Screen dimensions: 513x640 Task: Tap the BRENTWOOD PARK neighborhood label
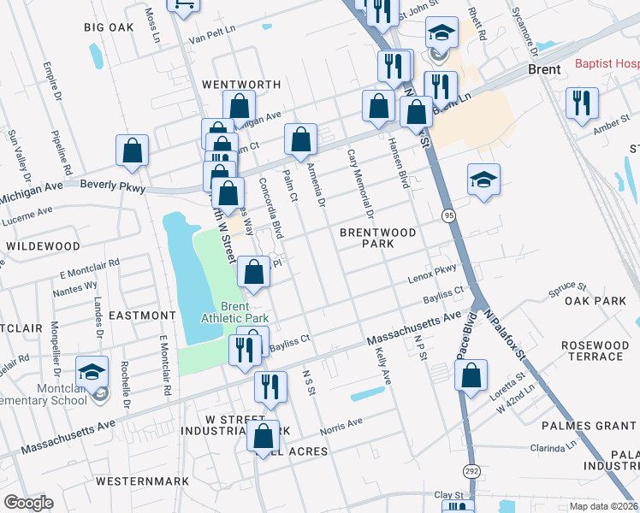point(377,238)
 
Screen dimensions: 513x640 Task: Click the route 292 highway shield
point(471,471)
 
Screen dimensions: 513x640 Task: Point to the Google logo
point(28,502)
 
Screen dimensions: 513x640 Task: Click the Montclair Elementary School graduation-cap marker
point(92,371)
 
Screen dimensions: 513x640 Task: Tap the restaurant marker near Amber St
point(582,103)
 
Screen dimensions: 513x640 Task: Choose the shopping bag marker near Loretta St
point(471,374)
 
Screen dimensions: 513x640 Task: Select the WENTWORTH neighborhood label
point(241,85)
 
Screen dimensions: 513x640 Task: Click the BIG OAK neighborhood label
point(109,27)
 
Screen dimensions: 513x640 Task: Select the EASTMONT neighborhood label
point(142,315)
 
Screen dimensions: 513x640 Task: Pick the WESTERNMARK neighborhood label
point(142,481)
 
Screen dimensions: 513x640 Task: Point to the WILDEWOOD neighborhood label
point(43,245)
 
